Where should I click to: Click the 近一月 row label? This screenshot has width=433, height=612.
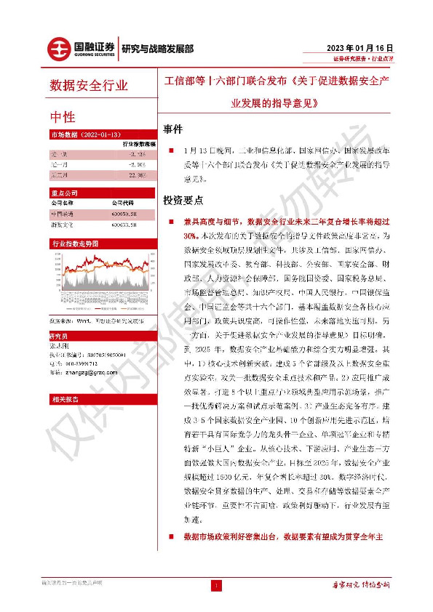tap(60, 165)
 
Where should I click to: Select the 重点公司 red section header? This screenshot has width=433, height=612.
tap(65, 194)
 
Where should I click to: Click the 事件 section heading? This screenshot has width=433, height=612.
tap(173, 127)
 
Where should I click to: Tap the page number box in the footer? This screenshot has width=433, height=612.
tap(216, 584)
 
